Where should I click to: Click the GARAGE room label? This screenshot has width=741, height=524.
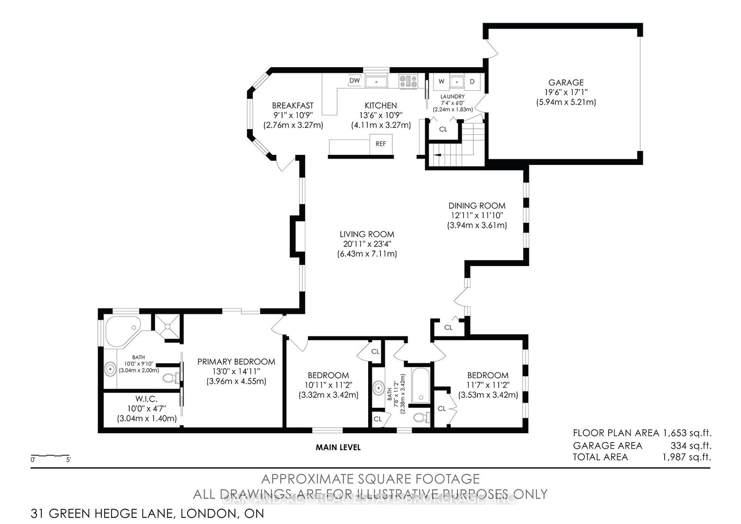pos(566,82)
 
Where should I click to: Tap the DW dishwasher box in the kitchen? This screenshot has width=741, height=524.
pos(354,81)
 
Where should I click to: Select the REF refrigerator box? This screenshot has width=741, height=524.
pos(381,144)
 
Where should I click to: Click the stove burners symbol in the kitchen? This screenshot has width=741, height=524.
pos(408,82)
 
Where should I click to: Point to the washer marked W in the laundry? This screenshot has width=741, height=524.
pos(441,82)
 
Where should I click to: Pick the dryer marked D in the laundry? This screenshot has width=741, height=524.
pos(472,82)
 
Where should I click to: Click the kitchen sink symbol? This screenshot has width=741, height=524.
pos(377,82)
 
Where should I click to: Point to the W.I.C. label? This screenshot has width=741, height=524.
pos(147,398)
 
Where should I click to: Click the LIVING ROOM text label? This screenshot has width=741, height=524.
pos(366,234)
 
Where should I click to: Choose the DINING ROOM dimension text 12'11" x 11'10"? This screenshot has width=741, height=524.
pos(476,215)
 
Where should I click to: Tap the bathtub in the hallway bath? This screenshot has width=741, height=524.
pos(421,385)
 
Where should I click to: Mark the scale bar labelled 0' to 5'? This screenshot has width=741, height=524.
pos(50,455)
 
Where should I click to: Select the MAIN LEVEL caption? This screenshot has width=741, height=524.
pos(338,447)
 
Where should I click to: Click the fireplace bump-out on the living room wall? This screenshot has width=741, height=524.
pos(295,236)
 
